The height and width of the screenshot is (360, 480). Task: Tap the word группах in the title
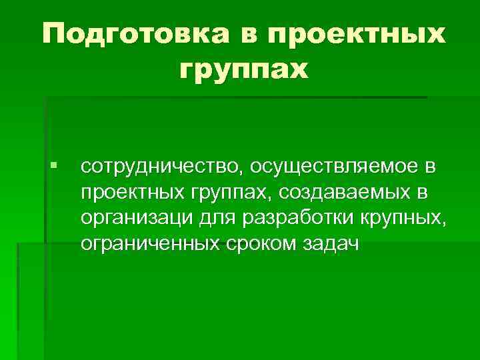(245, 68)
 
